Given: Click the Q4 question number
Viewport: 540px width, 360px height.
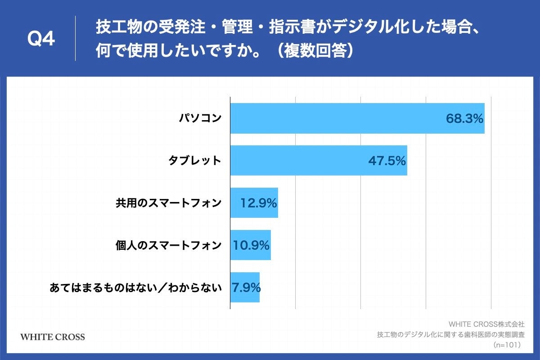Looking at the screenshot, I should (41, 40).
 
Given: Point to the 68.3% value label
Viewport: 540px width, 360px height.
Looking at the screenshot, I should (464, 119).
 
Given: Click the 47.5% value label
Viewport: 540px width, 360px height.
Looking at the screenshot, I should (387, 161).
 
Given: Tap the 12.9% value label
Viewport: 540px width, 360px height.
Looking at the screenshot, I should (258, 203).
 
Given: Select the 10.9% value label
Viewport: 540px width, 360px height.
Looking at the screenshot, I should (251, 246).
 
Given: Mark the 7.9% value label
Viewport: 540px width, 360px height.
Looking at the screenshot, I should (246, 288).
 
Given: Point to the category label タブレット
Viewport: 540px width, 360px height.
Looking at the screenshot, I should (195, 161).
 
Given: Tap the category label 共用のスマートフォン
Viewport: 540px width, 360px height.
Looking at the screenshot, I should (169, 203).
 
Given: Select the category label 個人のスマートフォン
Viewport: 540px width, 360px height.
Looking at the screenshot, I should (169, 246).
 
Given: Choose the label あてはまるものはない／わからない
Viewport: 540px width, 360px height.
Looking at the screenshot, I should (136, 288).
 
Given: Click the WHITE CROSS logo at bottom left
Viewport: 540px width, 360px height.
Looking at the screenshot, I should (53, 337).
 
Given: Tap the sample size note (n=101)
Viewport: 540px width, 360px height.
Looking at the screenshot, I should (507, 345).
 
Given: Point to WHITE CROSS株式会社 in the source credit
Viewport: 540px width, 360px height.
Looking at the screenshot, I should (486, 324).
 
